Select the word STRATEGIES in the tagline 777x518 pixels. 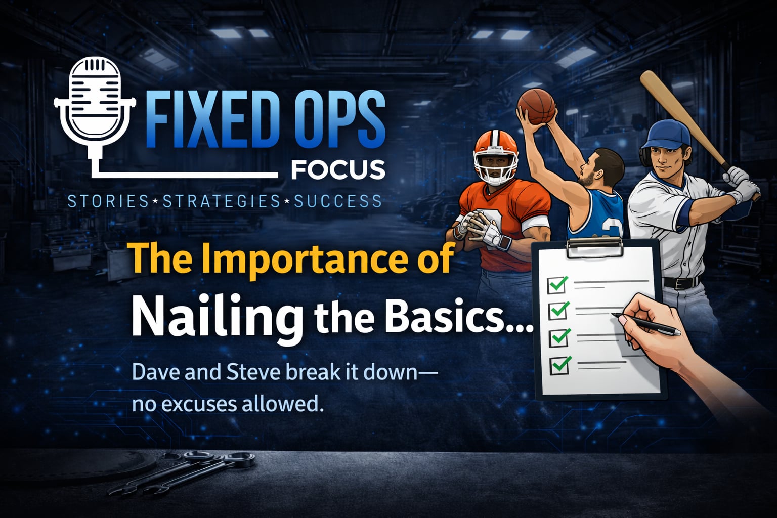tap(221, 201)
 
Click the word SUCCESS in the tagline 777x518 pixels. tap(338, 201)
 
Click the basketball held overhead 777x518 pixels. tap(536, 107)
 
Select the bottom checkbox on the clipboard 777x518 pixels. tap(559, 365)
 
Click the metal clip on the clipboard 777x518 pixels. tap(594, 247)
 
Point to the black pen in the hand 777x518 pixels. tap(646, 324)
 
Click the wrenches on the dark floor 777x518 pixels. tap(181, 472)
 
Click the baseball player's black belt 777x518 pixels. tap(681, 283)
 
